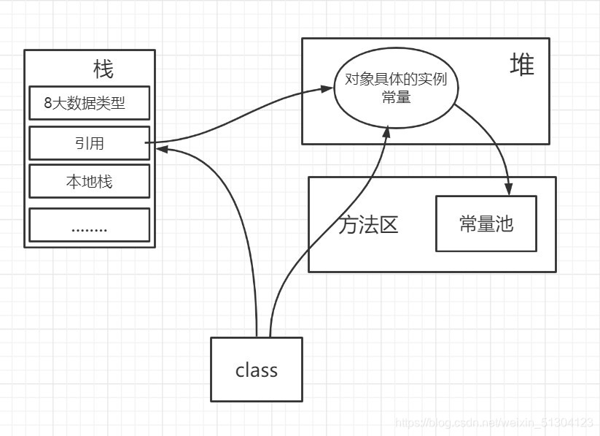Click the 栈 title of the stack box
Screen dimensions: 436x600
(103, 70)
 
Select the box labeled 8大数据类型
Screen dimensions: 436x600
(89, 103)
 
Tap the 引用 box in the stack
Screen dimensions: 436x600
(89, 143)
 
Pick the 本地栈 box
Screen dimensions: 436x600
(89, 181)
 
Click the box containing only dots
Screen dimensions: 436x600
(89, 226)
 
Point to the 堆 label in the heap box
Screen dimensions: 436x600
(521, 66)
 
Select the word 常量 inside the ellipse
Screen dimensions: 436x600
(396, 97)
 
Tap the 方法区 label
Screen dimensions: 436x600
(368, 225)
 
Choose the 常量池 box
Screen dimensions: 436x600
(486, 223)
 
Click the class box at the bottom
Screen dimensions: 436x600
(257, 370)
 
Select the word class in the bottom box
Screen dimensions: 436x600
(257, 370)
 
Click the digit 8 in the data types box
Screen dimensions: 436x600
(48, 104)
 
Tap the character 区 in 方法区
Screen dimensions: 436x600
(389, 225)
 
